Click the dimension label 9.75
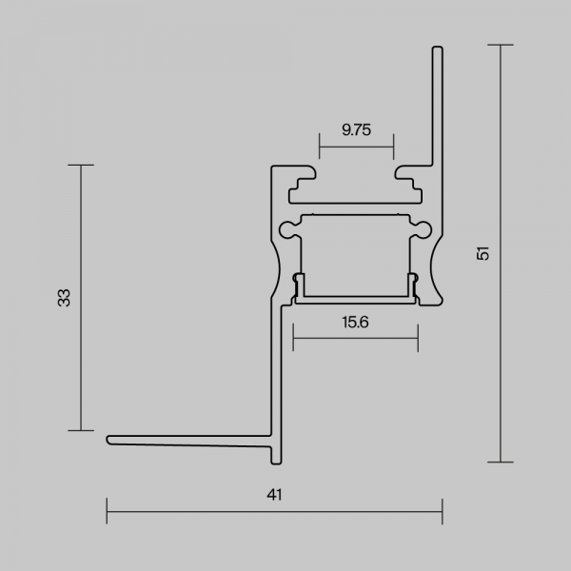[356, 130]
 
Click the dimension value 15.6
[355, 323]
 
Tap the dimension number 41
[274, 495]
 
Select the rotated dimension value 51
[482, 253]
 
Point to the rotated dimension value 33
[64, 298]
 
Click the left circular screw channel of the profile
[287, 229]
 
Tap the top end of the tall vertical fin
[438, 47]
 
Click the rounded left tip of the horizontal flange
[108, 440]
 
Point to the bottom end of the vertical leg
[276, 463]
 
